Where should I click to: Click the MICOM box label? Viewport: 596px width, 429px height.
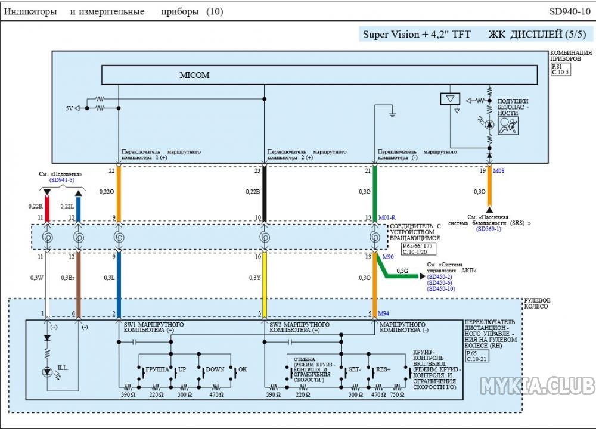[195, 76]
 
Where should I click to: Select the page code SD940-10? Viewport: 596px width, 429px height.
[569, 11]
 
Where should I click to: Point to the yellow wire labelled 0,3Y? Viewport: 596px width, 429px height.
[265, 277]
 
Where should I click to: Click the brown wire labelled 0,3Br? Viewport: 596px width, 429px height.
[78, 277]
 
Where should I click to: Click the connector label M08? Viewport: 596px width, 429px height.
[499, 170]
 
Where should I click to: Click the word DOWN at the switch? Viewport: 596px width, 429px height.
[215, 369]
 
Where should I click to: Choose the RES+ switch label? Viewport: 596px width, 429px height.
[382, 369]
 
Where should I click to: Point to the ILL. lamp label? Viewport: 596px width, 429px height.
[63, 368]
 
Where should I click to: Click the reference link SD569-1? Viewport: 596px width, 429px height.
[488, 228]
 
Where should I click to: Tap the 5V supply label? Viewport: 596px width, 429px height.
[70, 108]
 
